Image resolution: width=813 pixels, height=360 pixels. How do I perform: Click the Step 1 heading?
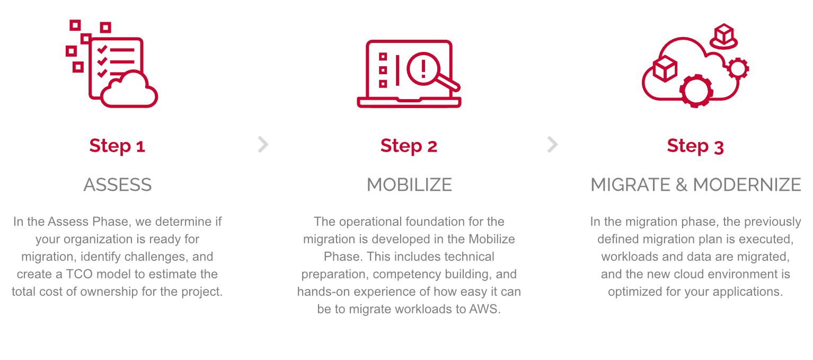pos(117,146)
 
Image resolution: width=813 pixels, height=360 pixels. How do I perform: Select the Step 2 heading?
pos(409,146)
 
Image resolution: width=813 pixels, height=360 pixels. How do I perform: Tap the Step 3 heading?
pos(695,146)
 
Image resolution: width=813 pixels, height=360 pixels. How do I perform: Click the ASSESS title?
pos(118,185)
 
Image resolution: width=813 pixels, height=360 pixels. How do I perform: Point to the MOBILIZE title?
pos(409,185)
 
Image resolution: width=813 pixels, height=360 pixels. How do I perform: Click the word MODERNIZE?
pos(747,185)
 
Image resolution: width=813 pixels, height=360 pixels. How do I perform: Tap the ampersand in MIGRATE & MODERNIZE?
pos(682,185)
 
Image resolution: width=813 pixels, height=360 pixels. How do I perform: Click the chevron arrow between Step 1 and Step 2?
pos(263,145)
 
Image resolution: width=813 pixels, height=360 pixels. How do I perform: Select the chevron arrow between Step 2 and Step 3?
pos(552,145)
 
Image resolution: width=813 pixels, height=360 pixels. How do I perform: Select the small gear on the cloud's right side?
pos(738,68)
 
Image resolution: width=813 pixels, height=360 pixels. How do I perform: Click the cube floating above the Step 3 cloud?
pos(724,37)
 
